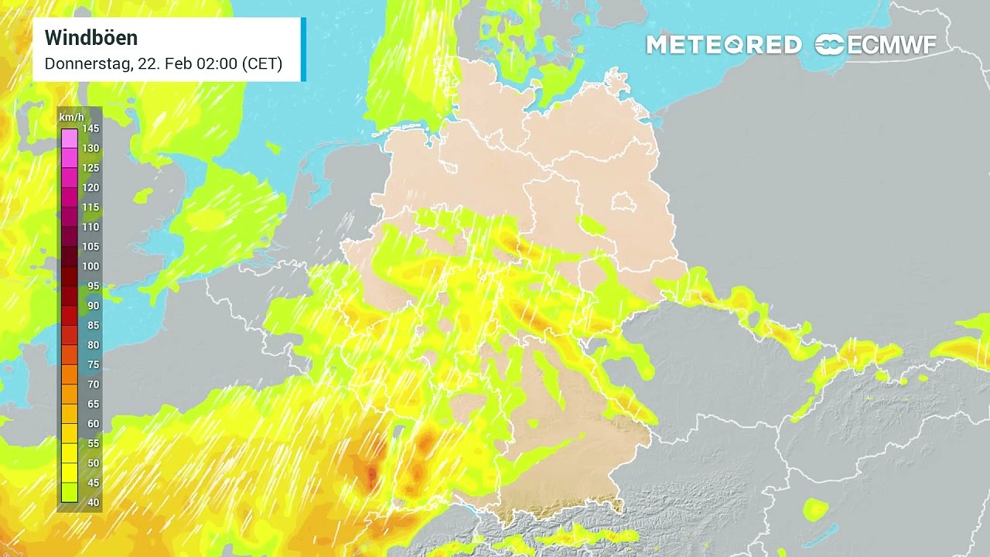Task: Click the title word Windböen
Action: (x=91, y=38)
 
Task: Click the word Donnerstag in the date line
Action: (x=87, y=64)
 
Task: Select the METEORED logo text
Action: (x=723, y=45)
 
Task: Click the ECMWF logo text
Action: (x=892, y=45)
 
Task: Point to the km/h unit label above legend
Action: (x=72, y=117)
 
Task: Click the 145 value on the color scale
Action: (x=90, y=128)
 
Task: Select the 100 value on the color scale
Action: (x=90, y=266)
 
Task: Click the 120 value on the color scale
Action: (x=90, y=187)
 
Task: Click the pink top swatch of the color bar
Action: (x=70, y=138)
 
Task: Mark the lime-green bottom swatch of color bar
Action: (x=70, y=493)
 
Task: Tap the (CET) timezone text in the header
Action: (x=262, y=64)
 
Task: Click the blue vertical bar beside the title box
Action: (x=303, y=49)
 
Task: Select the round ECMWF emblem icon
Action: (x=829, y=45)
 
